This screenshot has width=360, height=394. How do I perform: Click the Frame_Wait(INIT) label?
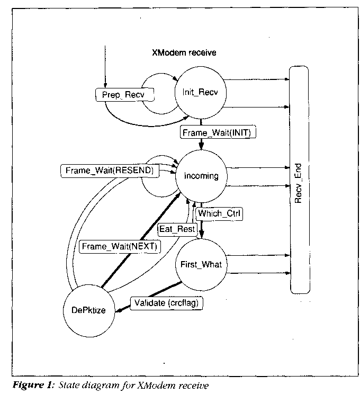click(x=218, y=133)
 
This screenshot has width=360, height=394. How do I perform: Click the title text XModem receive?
click(x=183, y=53)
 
